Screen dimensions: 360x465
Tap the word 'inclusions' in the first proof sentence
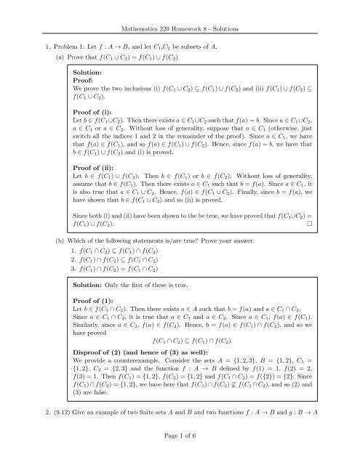(x=131, y=92)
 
